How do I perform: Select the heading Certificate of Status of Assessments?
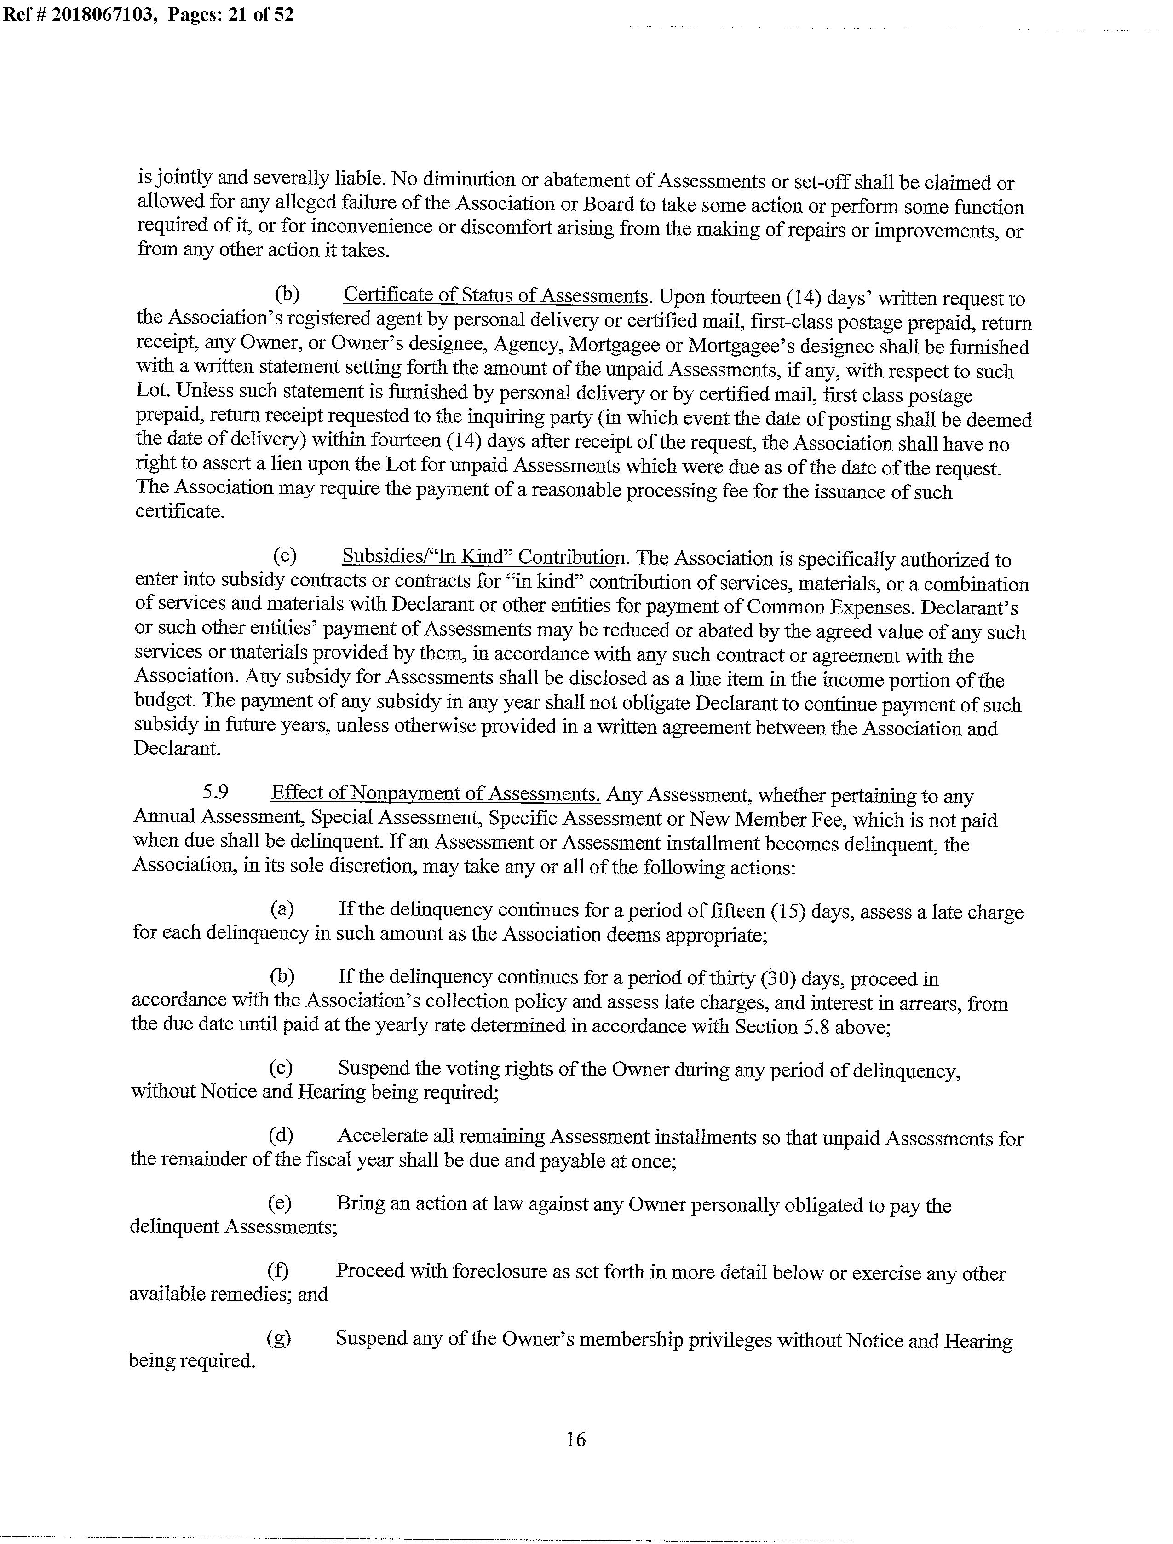(496, 295)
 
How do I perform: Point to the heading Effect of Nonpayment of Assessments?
(436, 793)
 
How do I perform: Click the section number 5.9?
(216, 792)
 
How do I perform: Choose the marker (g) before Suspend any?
(279, 1338)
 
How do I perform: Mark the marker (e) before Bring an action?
(280, 1203)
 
